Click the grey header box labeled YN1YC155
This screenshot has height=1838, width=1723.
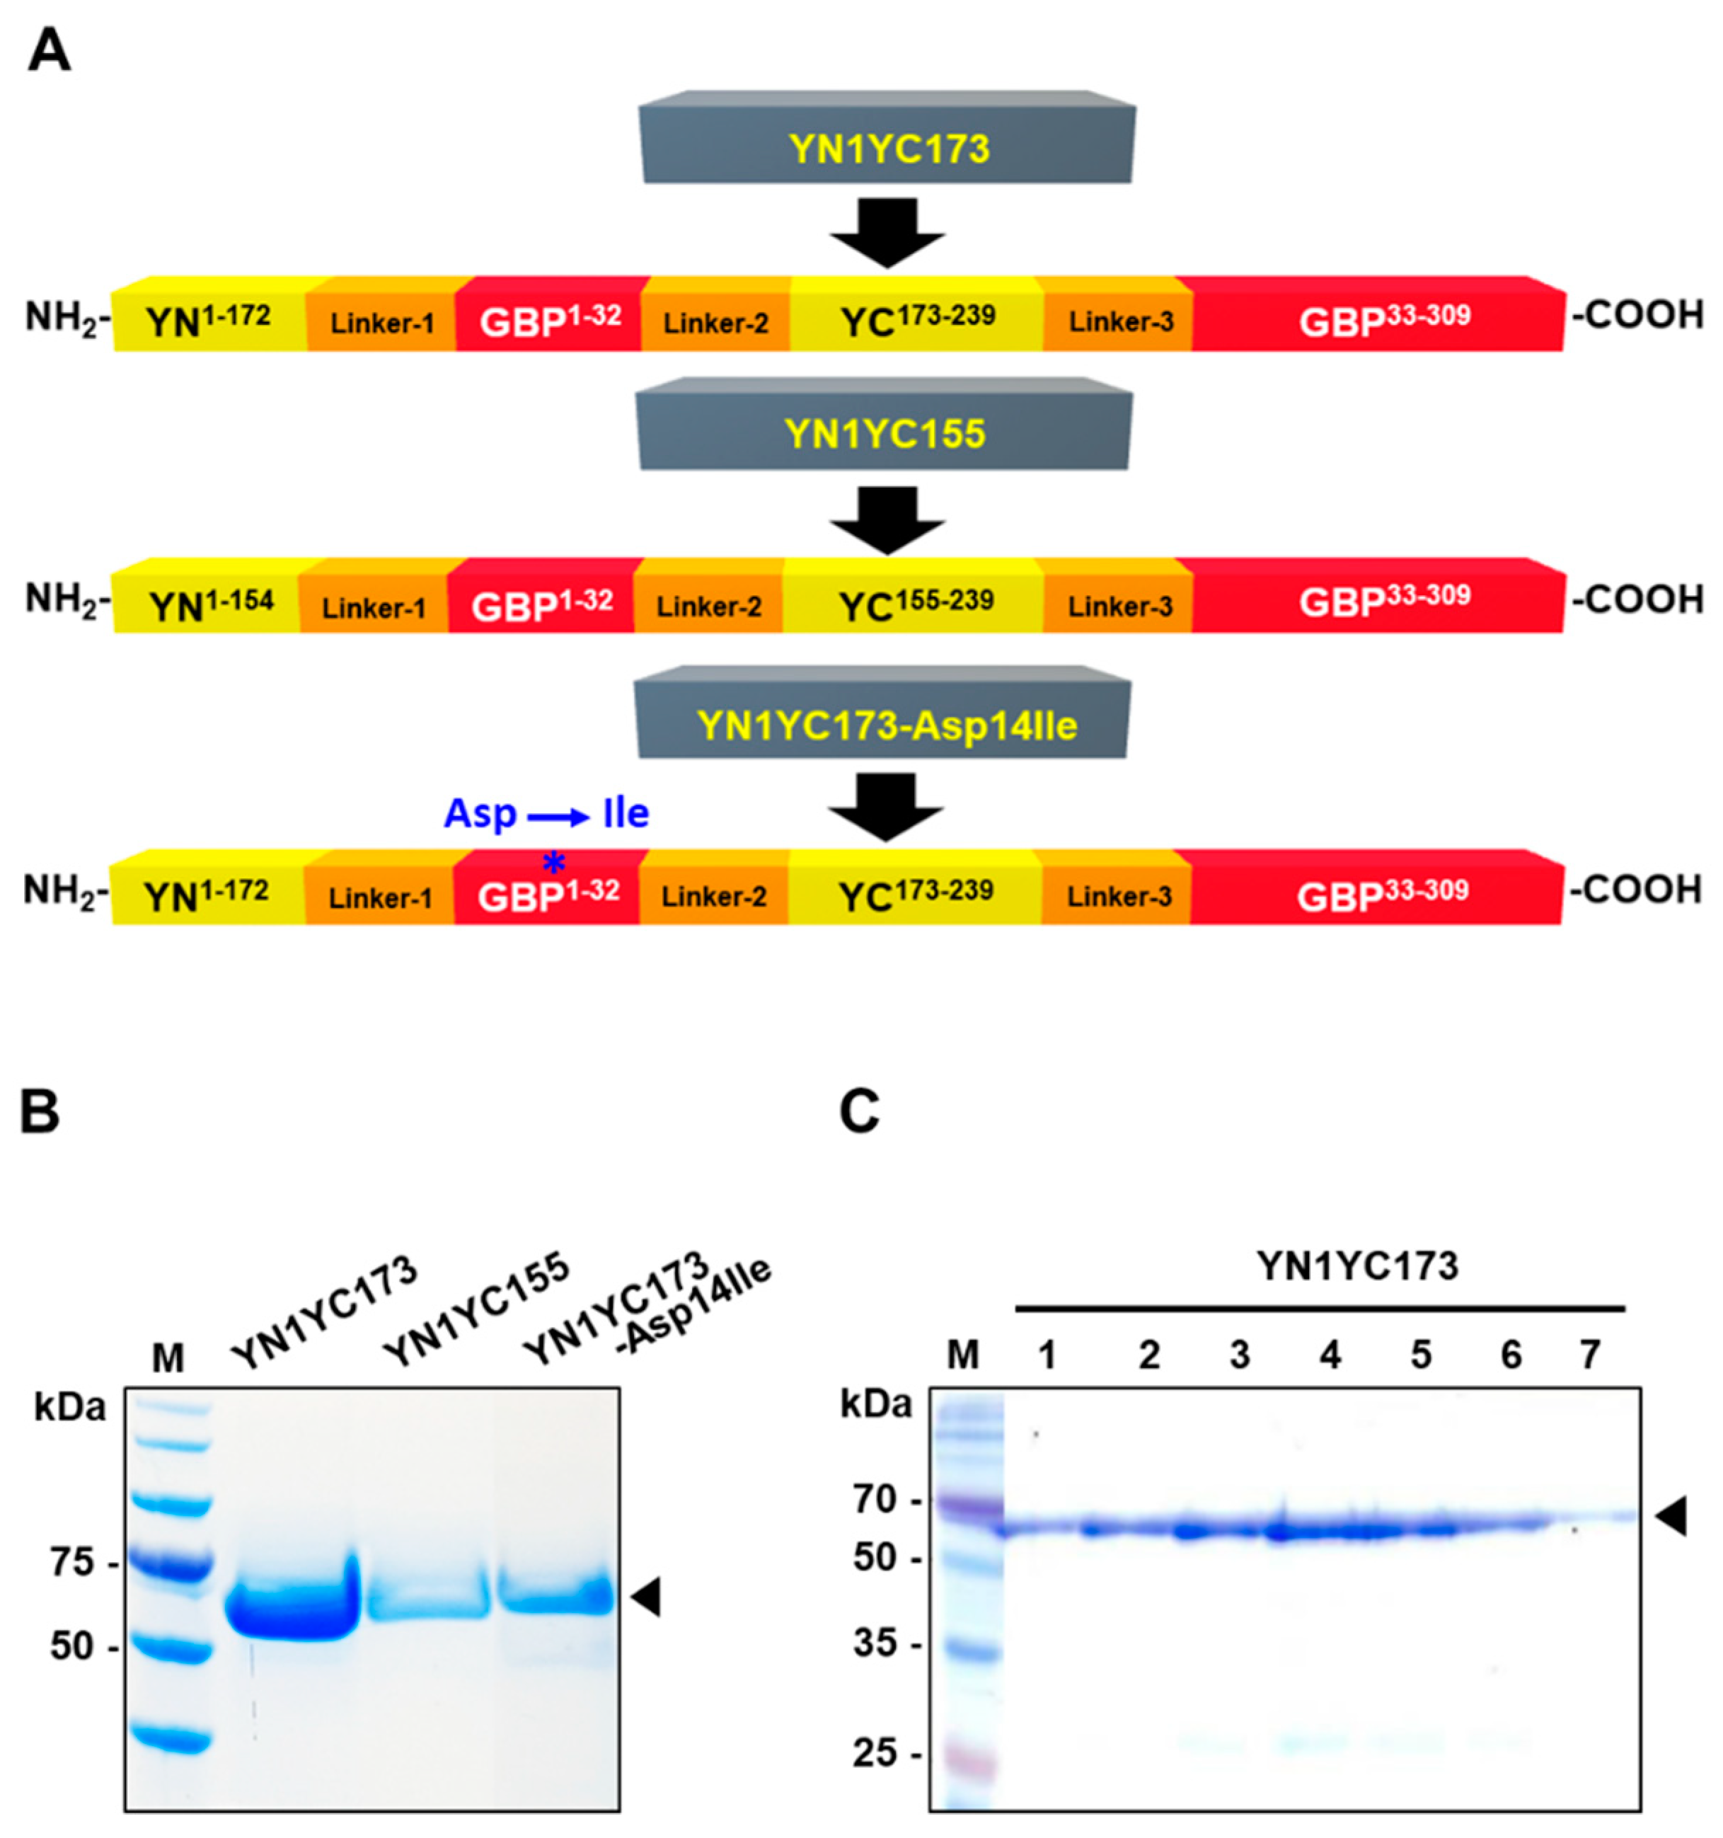point(884,432)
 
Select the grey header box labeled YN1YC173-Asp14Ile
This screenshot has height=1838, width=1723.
point(884,724)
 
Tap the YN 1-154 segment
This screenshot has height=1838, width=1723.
point(211,604)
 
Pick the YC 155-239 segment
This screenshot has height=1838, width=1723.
point(915,604)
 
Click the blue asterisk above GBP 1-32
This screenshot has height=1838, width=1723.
point(553,863)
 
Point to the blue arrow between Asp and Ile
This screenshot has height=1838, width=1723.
point(558,816)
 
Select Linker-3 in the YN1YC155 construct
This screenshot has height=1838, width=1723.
point(1119,606)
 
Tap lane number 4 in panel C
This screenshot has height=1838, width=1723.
point(1330,1355)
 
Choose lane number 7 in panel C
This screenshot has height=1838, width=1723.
point(1589,1355)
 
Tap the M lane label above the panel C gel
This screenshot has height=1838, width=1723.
point(962,1355)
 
